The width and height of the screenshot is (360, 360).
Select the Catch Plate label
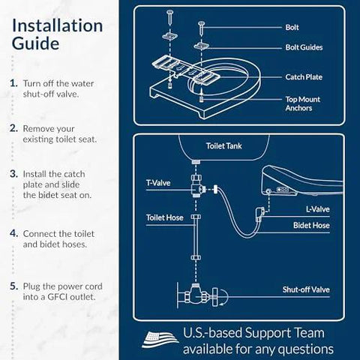click(x=304, y=76)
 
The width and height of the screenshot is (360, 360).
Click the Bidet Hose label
click(x=309, y=225)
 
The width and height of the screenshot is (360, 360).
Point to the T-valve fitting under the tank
click(x=199, y=187)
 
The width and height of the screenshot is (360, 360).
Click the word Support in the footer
click(x=263, y=332)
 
